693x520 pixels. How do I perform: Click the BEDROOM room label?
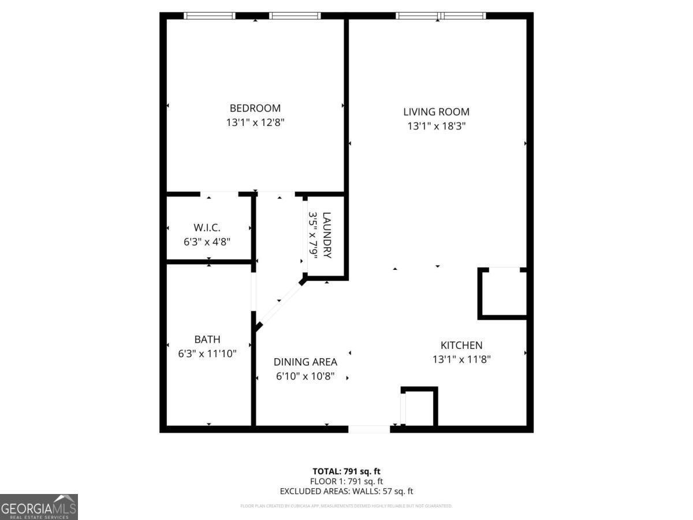tap(255, 108)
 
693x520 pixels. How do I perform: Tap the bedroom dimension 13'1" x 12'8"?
tap(255, 122)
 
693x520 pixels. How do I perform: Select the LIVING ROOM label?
tap(436, 112)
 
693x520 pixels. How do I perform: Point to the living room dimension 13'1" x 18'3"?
tap(436, 127)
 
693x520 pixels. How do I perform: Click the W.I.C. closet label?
tap(207, 228)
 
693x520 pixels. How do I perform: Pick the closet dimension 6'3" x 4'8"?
tap(207, 242)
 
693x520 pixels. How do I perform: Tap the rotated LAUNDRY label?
tap(327, 235)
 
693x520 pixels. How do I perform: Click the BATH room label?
tap(207, 339)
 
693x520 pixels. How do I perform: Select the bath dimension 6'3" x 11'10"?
tap(207, 354)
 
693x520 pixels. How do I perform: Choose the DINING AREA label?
tap(305, 362)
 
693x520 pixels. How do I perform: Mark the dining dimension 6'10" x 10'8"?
tap(305, 377)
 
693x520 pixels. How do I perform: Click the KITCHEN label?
tap(461, 345)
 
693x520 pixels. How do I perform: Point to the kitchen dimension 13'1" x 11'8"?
tap(461, 359)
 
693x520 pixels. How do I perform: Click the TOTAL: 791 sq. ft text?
tap(346, 471)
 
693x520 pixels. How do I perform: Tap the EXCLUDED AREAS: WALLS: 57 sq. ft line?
tap(346, 492)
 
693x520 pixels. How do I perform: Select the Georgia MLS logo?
tap(39, 507)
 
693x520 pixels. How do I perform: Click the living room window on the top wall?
tap(441, 16)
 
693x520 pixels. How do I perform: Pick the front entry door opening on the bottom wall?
tap(370, 429)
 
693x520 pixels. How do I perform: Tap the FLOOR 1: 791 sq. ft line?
tap(346, 481)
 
